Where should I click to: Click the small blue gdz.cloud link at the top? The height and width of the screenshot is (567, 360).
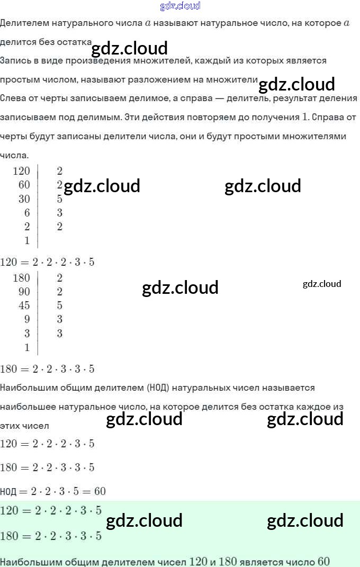180,6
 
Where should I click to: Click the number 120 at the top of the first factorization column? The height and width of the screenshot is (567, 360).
21,171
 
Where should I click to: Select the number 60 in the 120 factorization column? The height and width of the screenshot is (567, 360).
24,185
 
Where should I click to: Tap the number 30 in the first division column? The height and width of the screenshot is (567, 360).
24,199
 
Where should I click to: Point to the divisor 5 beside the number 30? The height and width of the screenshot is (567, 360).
59,199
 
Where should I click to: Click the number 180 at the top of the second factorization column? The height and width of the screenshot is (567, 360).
21,278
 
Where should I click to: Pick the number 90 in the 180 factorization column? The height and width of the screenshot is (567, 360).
24,292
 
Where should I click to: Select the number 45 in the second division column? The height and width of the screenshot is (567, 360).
24,305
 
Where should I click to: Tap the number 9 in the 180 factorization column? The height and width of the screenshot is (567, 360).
26,319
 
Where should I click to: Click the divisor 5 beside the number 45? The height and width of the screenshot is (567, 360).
59,305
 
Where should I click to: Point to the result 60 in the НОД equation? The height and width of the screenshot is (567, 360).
100,491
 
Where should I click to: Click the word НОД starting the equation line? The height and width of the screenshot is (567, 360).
8,492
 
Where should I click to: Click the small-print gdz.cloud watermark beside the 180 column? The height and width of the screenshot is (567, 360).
322,284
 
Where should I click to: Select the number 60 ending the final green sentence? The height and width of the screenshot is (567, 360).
323,562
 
